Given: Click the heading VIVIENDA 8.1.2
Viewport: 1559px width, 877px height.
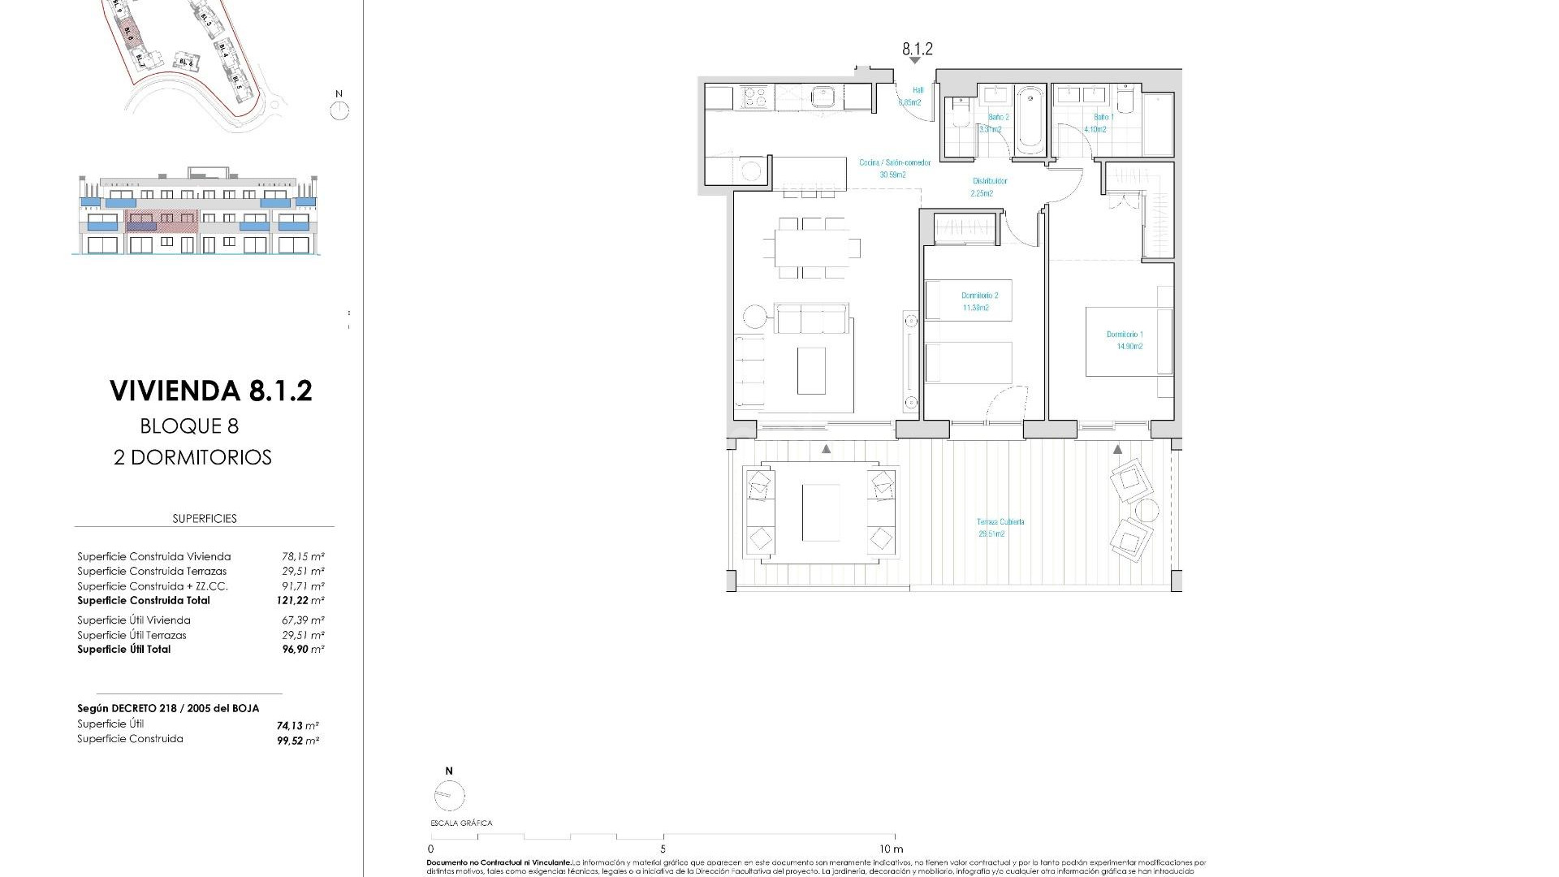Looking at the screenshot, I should point(210,391).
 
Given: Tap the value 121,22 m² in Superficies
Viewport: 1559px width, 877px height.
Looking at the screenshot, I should point(300,601).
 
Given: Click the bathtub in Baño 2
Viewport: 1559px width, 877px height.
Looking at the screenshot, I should point(1030,119).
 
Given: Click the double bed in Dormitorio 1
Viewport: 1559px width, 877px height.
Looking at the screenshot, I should point(1129,341).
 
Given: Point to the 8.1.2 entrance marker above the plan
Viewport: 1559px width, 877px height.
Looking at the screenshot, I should point(917,50).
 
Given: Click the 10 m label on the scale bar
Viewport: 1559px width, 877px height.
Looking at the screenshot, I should point(891,849).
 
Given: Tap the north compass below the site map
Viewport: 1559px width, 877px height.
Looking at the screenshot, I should point(339,110).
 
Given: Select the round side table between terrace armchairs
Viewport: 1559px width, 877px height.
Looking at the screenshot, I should point(1147,511).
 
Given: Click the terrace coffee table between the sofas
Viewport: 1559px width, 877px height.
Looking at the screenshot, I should point(820,512).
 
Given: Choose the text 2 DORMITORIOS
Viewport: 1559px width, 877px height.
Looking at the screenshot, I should point(192,457).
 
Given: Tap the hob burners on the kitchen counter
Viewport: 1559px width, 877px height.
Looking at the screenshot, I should point(755,97).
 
